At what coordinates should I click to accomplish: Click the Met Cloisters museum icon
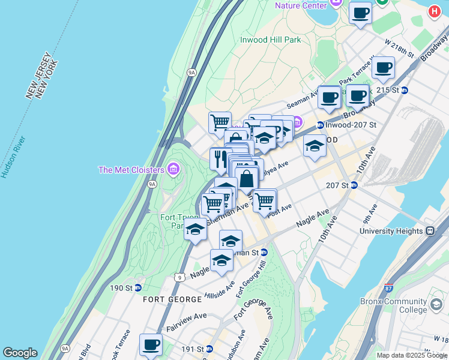click(174, 169)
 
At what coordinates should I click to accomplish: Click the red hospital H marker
click(435, 11)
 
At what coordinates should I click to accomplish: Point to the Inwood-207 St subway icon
click(320, 125)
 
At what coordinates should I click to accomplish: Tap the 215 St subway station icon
click(405, 90)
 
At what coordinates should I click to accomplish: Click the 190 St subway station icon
click(137, 287)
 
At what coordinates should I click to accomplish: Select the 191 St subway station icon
click(209, 349)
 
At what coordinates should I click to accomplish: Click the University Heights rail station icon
click(430, 231)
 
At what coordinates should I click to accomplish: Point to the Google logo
click(20, 353)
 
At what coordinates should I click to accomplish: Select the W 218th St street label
click(400, 49)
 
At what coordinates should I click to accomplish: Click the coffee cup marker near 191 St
click(151, 344)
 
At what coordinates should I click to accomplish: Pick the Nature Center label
click(301, 5)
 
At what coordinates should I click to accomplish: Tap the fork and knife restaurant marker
click(219, 158)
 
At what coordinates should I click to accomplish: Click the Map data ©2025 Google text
click(411, 355)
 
